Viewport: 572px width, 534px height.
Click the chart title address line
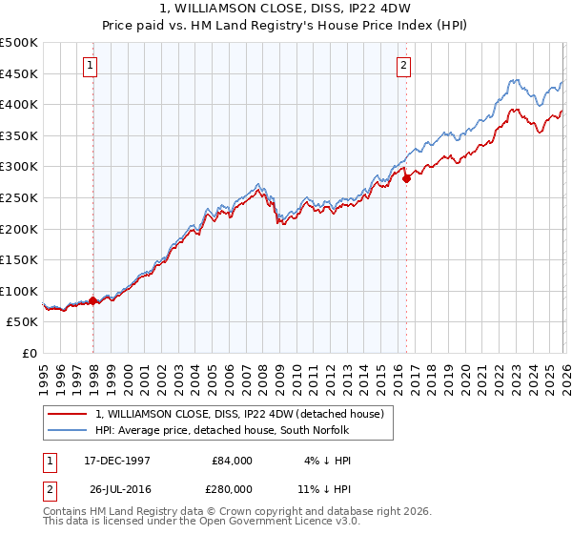(286, 9)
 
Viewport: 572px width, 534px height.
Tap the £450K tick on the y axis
(19, 73)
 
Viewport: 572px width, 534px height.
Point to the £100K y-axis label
(19, 291)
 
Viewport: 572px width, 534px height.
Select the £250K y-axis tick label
(19, 197)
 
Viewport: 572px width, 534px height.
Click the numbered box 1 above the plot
(90, 66)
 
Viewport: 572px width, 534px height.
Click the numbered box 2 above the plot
(403, 66)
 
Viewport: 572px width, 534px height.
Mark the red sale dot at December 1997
(93, 300)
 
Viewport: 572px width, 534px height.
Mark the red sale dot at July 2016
(406, 177)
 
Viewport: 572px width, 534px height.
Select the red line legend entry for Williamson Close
(239, 414)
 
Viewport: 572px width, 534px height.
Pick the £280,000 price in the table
(232, 490)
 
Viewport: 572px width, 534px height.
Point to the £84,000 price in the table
(232, 460)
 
